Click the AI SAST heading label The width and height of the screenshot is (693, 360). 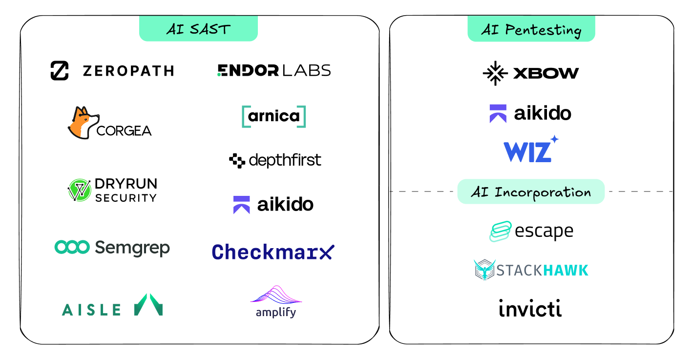pos(198,29)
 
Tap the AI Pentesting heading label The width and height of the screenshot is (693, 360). pos(531,30)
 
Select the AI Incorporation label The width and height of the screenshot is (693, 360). pos(531,192)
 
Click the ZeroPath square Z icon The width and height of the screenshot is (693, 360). pos(60,71)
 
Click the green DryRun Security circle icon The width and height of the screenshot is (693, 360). pos(80,190)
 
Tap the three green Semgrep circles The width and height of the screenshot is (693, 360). pos(72,247)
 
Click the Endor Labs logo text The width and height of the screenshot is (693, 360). pos(274,70)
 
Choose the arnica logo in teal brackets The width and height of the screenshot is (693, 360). pos(274,116)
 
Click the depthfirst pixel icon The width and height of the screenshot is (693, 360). pos(237,160)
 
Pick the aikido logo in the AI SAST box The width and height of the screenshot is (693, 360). pos(273,205)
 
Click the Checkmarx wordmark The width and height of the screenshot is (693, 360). pos(273,252)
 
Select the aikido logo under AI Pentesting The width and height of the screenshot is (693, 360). pos(530,113)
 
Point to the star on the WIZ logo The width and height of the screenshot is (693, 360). pos(554,139)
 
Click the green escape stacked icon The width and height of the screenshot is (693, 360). pos(500,232)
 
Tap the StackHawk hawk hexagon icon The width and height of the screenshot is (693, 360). pos(484,270)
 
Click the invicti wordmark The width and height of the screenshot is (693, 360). pos(530,309)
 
